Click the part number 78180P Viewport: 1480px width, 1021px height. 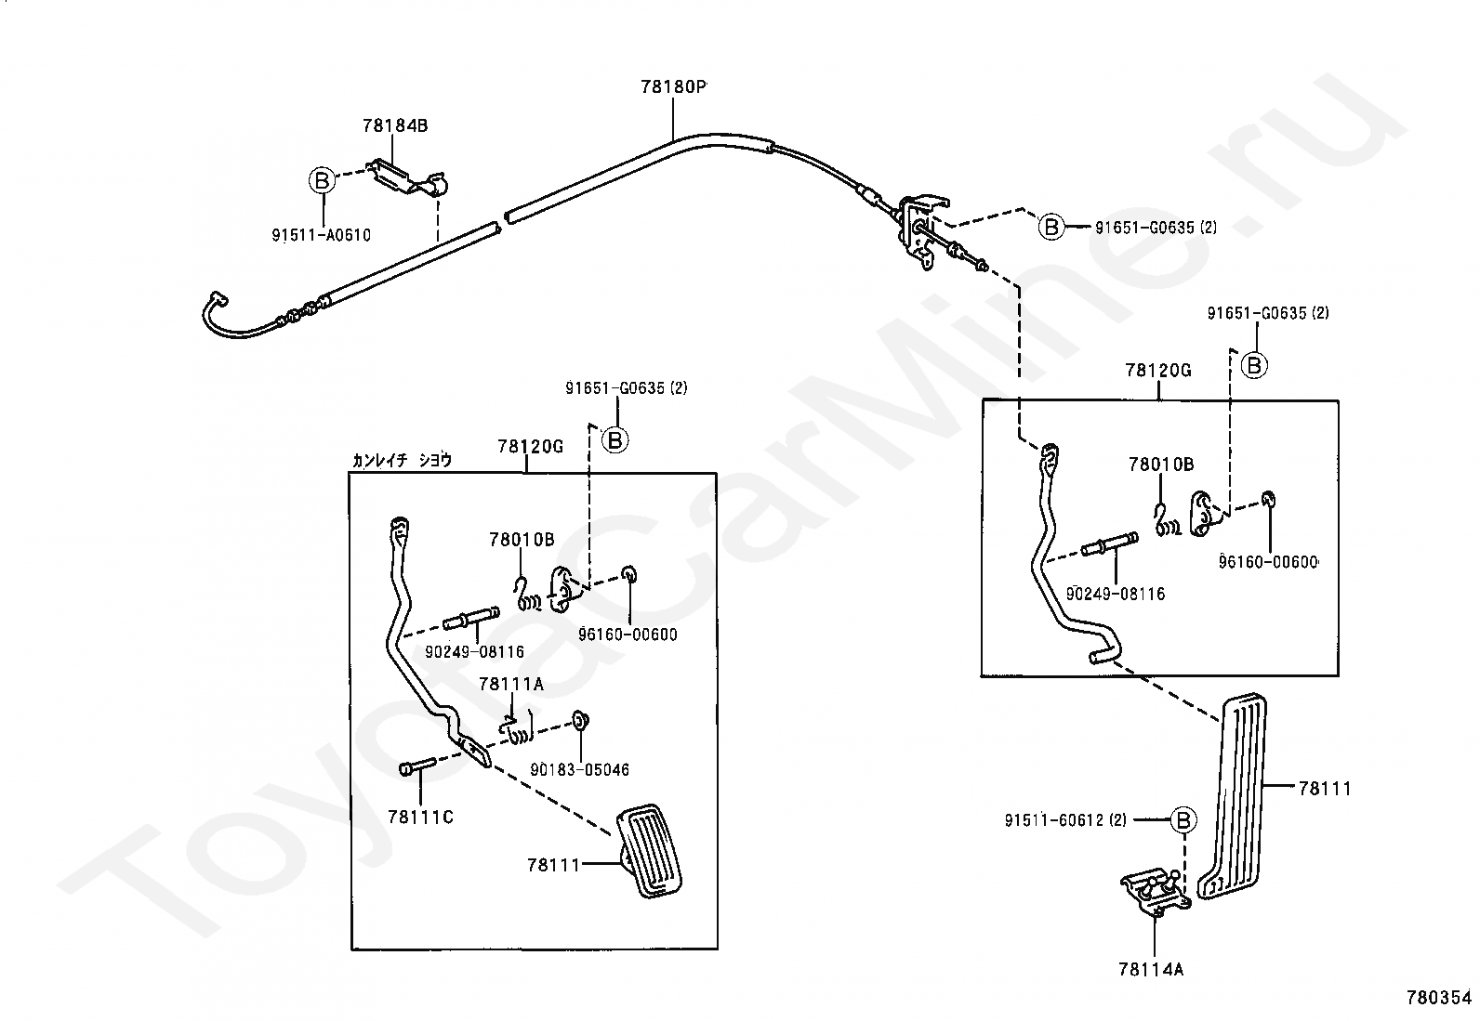click(673, 86)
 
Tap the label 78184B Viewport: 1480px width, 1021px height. click(395, 124)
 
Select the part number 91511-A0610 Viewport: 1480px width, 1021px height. click(321, 235)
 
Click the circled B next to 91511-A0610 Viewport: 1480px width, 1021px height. click(322, 180)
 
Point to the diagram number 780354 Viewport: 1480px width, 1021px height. click(1439, 997)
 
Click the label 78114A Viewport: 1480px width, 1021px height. click(1151, 970)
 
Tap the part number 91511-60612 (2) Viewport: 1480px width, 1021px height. click(1065, 820)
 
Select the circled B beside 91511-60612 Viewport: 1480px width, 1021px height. click(1183, 820)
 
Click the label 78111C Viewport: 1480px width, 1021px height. click(421, 818)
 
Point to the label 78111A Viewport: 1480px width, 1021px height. click(511, 684)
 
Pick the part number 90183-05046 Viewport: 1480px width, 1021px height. click(579, 769)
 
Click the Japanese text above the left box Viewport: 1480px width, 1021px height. click(402, 460)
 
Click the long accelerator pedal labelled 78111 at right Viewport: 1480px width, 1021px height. click(1233, 796)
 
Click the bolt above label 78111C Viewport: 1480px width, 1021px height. click(417, 766)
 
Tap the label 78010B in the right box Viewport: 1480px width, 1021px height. click(1161, 465)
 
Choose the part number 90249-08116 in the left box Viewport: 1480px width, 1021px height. click(474, 652)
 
